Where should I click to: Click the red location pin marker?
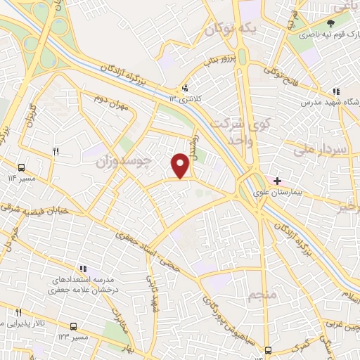(x=181, y=165)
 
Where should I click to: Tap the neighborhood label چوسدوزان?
(x=124, y=161)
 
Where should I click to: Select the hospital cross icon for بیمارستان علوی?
(x=278, y=181)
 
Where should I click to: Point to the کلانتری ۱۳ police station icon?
(x=184, y=88)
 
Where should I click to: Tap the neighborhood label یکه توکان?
(x=230, y=30)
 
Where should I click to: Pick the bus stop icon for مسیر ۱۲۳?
(x=73, y=326)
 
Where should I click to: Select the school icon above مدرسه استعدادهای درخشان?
(x=83, y=269)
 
